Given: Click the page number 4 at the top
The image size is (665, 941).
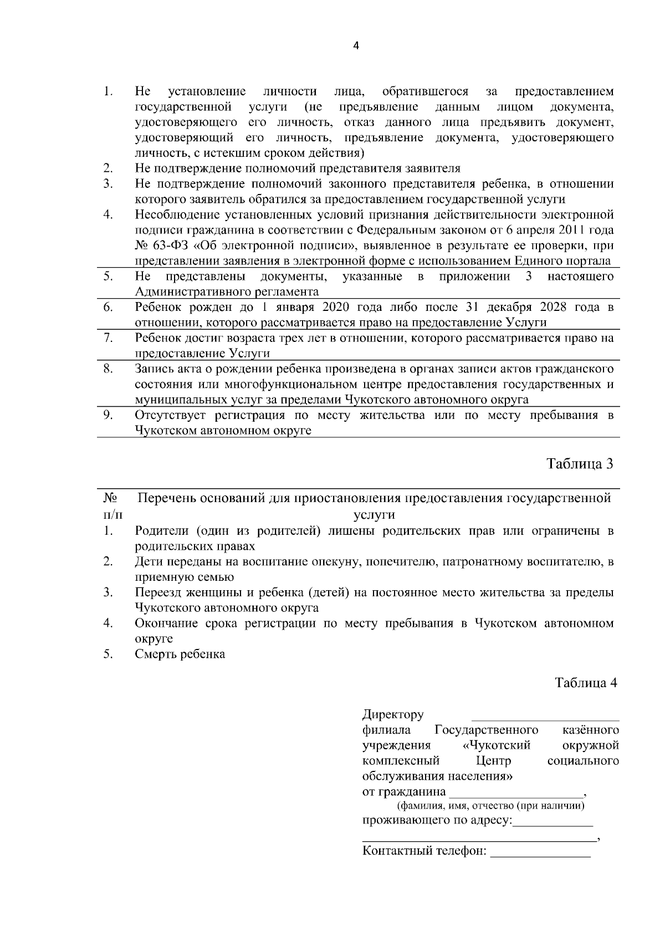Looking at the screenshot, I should pyautogui.click(x=356, y=47).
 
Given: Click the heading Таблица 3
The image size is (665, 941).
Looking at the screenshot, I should pyautogui.click(x=580, y=464).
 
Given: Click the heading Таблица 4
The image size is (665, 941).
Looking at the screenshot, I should pyautogui.click(x=586, y=683).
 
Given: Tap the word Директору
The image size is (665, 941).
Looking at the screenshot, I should pyautogui.click(x=393, y=714).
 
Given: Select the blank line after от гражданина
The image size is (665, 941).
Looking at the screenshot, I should pyautogui.click(x=515, y=792).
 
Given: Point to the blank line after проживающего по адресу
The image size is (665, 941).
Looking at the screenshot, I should pyautogui.click(x=553, y=821).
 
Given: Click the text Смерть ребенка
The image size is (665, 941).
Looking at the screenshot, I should pyautogui.click(x=180, y=654).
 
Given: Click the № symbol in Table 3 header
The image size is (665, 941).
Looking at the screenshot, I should pyautogui.click(x=109, y=498).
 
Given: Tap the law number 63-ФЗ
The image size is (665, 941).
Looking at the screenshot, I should pyautogui.click(x=170, y=246).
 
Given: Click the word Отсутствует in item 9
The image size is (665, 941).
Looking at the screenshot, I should pyautogui.click(x=169, y=415).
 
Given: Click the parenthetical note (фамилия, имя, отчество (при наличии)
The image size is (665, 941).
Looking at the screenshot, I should pyautogui.click(x=489, y=806).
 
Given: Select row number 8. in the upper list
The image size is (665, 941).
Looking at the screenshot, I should pyautogui.click(x=108, y=368).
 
